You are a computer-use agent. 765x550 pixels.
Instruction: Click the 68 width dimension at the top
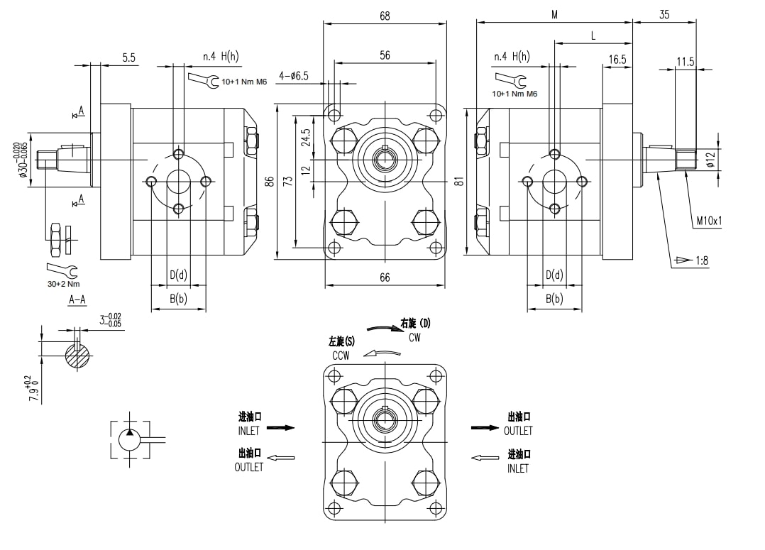tap(385, 15)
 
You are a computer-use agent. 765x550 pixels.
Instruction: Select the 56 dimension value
tap(385, 55)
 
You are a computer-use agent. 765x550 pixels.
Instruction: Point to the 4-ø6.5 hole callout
tap(293, 76)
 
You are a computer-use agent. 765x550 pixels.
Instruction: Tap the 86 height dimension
tap(269, 181)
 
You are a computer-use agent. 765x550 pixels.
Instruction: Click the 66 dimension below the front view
tap(384, 277)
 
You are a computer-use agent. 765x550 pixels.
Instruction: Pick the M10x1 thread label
tap(709, 221)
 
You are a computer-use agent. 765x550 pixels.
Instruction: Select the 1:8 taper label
tap(701, 260)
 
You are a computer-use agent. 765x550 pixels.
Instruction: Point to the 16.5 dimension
tap(617, 60)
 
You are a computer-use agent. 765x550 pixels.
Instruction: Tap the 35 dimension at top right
tap(664, 14)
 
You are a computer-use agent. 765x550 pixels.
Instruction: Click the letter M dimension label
tap(554, 15)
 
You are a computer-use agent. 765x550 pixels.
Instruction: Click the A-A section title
tap(77, 300)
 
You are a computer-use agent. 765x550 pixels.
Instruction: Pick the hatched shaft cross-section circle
tap(78, 356)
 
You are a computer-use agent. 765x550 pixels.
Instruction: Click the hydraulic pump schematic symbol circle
tap(130, 439)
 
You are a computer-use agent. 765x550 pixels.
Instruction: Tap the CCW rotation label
tap(341, 356)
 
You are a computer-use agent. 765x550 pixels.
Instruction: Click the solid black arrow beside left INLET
tap(280, 428)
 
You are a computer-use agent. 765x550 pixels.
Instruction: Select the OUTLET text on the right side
tap(518, 431)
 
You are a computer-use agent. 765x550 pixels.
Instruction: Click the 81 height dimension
tap(460, 181)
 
